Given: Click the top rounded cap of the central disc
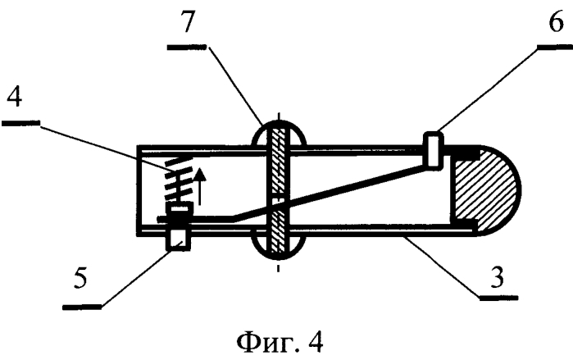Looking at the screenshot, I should coord(280,134).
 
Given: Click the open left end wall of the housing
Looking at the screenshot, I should coord(139,189).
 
